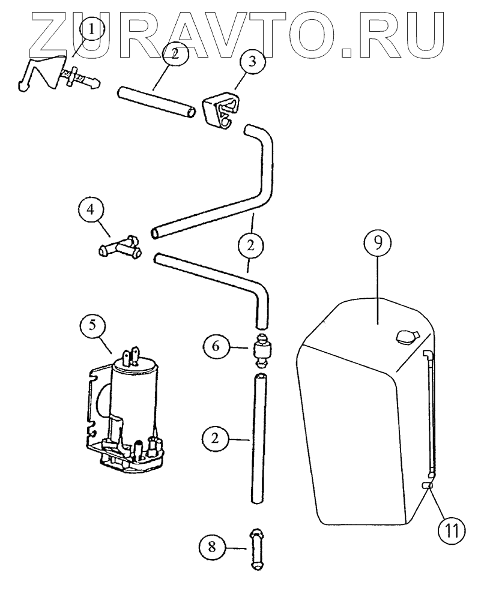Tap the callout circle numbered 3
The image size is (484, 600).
(252, 62)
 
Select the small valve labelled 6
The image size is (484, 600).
(262, 350)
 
